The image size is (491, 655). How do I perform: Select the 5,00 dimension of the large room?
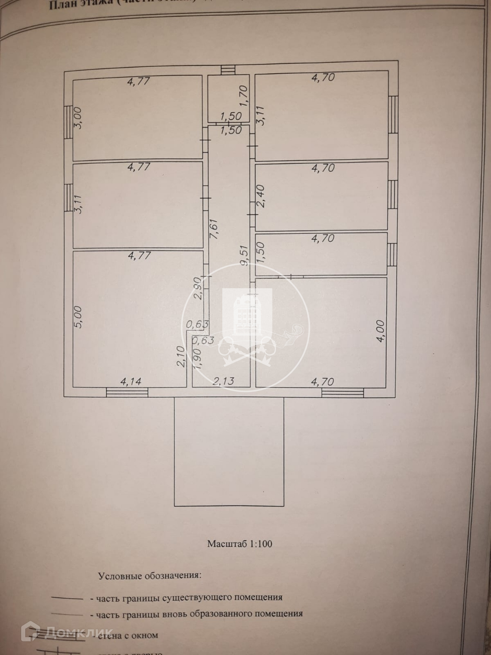click(78, 317)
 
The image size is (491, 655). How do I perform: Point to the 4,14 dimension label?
click(131, 381)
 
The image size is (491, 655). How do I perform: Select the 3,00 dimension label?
click(78, 118)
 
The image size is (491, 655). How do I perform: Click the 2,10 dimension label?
click(181, 356)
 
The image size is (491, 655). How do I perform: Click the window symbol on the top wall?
click(228, 70)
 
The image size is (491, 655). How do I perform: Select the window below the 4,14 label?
click(127, 392)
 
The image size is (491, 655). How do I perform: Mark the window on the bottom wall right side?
click(343, 393)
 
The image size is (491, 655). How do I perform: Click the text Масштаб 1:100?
click(240, 544)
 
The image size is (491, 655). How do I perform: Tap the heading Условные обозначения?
click(150, 576)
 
